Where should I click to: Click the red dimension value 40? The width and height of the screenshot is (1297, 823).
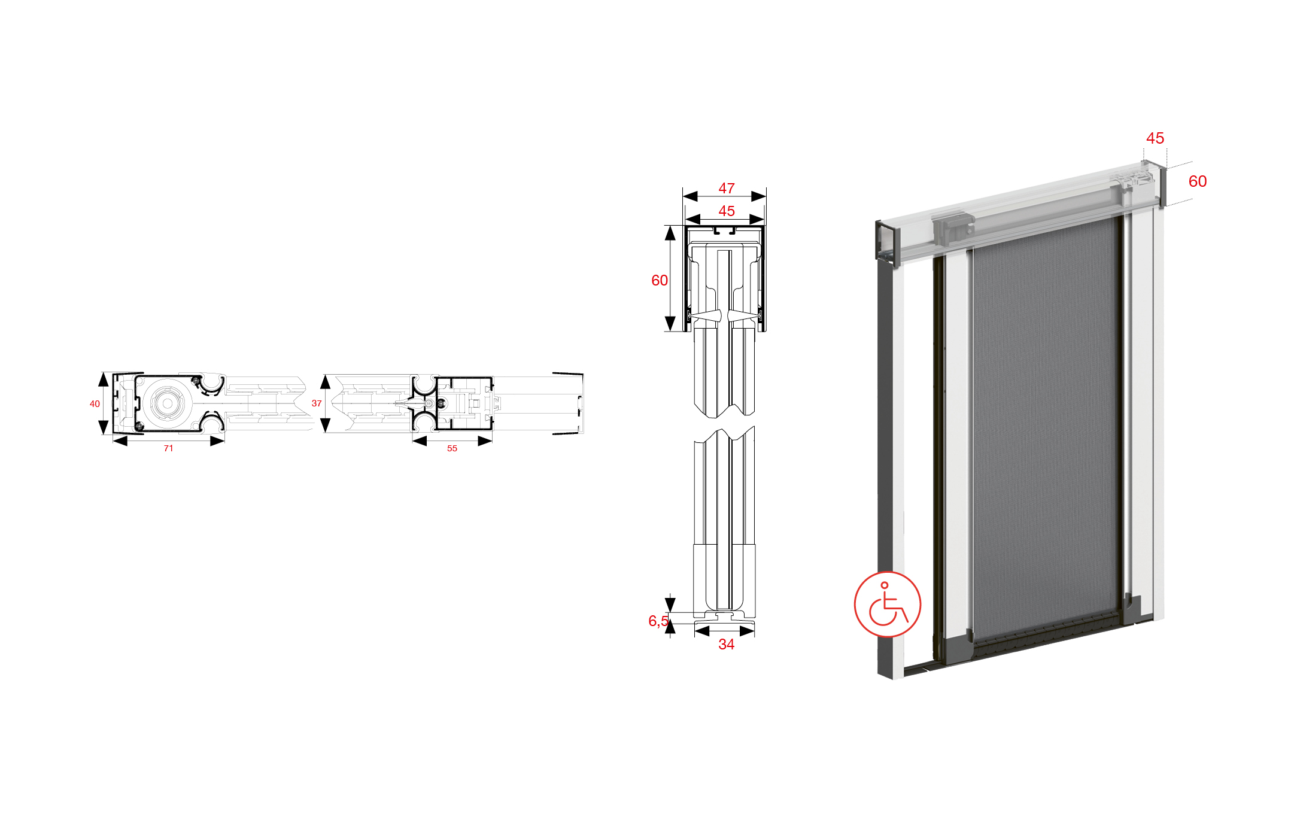95,404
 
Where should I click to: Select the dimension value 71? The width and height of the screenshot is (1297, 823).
169,448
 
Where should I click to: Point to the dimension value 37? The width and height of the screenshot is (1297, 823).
317,403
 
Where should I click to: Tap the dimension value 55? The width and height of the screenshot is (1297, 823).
452,448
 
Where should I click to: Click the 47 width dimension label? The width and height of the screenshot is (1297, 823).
727,189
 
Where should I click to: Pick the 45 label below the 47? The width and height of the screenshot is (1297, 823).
727,211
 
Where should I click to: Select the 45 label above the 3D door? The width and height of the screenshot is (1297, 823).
1155,138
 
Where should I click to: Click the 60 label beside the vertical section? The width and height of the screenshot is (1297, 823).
660,280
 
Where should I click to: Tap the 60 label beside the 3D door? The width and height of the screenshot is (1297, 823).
1198,181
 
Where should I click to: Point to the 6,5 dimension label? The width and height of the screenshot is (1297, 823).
658,621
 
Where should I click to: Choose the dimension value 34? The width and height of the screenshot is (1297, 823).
727,645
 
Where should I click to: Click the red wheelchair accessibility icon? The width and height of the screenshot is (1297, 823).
888,604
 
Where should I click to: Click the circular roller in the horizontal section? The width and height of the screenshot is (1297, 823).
168,403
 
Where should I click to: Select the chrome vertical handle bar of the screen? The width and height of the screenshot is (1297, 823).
1127,407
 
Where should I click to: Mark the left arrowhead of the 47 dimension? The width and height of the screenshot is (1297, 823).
690,196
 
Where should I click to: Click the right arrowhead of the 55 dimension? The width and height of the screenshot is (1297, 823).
485,441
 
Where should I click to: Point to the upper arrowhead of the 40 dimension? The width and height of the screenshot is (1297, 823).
104,379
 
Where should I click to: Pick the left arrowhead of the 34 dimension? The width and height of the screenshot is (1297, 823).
702,631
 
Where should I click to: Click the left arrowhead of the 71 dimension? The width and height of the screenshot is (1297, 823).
120,441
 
